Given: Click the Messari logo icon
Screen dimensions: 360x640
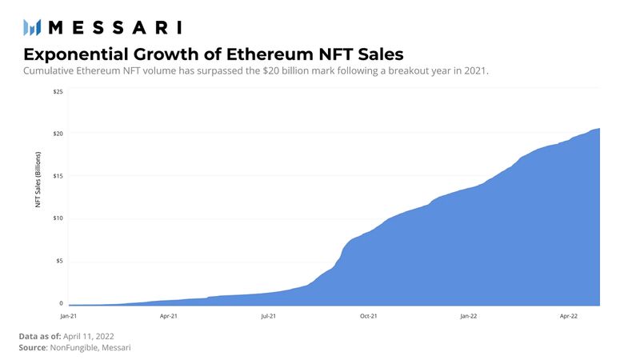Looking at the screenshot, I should coord(31,28).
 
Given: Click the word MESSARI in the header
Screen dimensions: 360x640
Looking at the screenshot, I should coord(114,28).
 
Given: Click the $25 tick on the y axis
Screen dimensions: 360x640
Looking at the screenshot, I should coord(58,91).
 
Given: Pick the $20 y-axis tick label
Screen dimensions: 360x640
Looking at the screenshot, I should coord(58,133).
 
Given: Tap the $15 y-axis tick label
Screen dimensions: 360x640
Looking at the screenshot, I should coord(58,175).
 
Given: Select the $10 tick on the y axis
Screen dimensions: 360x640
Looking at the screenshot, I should coord(58,218).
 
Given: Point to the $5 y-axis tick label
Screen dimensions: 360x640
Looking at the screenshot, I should coord(58,261).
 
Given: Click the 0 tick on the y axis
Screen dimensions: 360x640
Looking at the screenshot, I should coord(60,303).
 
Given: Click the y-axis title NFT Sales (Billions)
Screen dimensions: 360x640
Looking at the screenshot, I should coord(38,181).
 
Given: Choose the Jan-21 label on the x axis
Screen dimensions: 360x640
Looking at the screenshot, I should coord(69,317).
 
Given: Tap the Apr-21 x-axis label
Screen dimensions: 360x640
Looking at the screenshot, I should coord(169,317).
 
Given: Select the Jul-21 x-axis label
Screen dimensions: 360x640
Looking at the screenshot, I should coord(269,317).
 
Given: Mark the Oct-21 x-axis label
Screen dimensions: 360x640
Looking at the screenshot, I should coord(369,317).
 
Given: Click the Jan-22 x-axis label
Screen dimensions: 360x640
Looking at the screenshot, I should coord(469,317).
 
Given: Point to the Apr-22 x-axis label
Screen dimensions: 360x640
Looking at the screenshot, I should coord(569,317).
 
